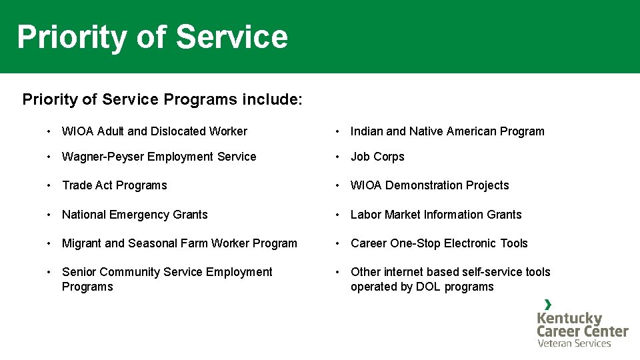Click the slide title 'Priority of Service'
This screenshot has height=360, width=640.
(152, 37)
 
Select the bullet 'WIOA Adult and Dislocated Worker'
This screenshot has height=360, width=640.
(154, 131)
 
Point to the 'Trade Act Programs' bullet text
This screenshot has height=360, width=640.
(114, 185)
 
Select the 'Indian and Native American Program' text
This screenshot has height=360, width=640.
(447, 131)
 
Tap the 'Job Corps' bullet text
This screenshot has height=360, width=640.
(377, 157)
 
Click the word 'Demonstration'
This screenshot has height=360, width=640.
(423, 185)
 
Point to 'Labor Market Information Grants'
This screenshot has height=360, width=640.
(436, 215)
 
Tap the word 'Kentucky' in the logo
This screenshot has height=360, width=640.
(569, 319)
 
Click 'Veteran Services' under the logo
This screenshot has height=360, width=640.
(574, 343)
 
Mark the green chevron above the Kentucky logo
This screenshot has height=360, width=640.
(548, 305)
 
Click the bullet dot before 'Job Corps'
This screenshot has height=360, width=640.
(339, 157)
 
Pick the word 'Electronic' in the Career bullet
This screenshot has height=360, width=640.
(473, 243)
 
